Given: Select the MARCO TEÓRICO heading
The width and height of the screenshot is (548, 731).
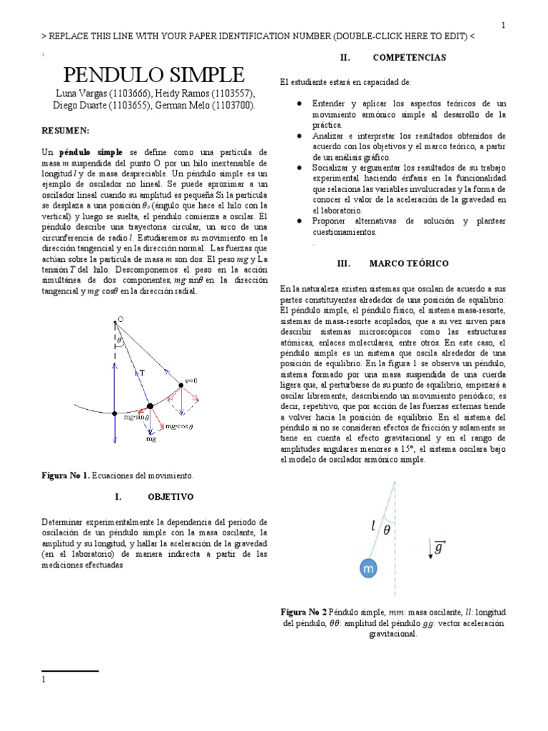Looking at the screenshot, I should [408, 263].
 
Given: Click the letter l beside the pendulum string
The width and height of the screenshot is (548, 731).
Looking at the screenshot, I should [373, 527].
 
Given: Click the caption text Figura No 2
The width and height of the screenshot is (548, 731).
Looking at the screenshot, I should [304, 612].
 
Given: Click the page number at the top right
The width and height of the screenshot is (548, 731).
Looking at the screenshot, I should [503, 26].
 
